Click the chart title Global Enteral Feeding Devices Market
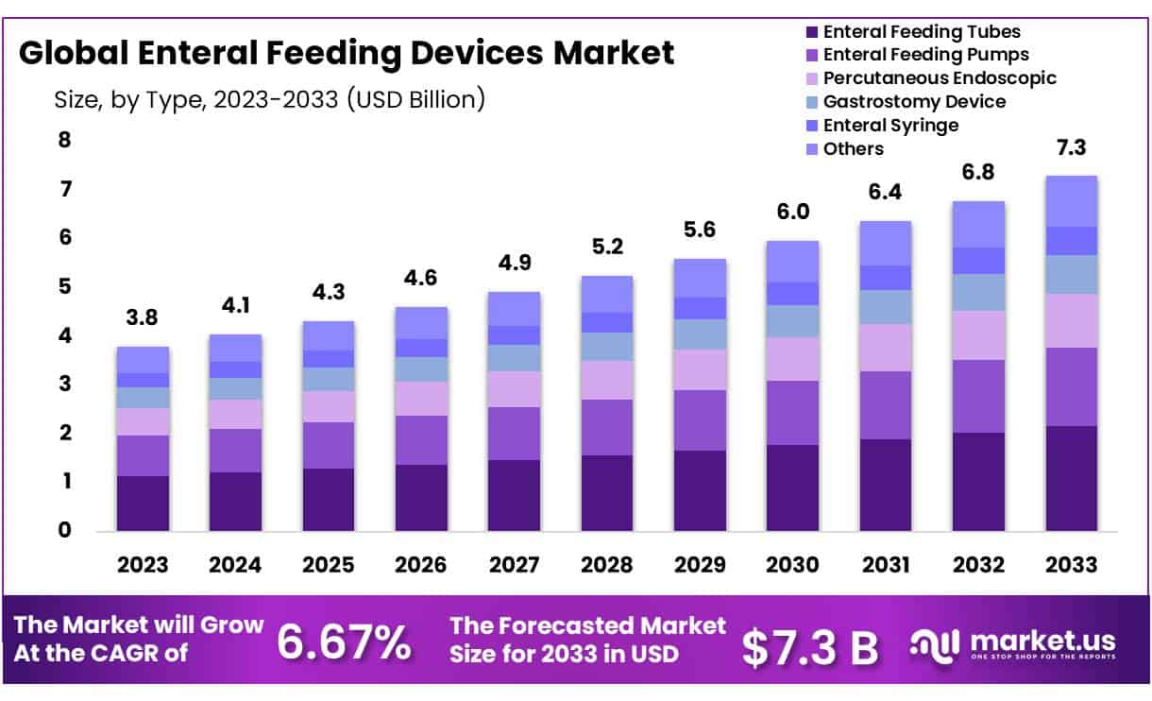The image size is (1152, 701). coord(347,53)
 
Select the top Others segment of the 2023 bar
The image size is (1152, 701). coord(143,360)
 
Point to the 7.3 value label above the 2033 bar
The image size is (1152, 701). coord(1071,148)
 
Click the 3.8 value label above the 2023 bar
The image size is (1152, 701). coord(143,318)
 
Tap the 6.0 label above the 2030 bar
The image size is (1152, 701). coord(792,213)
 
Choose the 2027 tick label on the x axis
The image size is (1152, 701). coord(514,565)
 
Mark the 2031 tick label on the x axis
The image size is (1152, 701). coord(885,565)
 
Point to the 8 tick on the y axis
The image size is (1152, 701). coord(65,141)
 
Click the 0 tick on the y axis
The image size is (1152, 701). coord(65,530)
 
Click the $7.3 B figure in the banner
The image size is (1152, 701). coord(809,646)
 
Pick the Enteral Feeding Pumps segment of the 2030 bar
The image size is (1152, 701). coord(792,413)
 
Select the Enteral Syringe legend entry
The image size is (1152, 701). coord(889,125)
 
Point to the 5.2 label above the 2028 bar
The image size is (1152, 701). coord(606,248)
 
